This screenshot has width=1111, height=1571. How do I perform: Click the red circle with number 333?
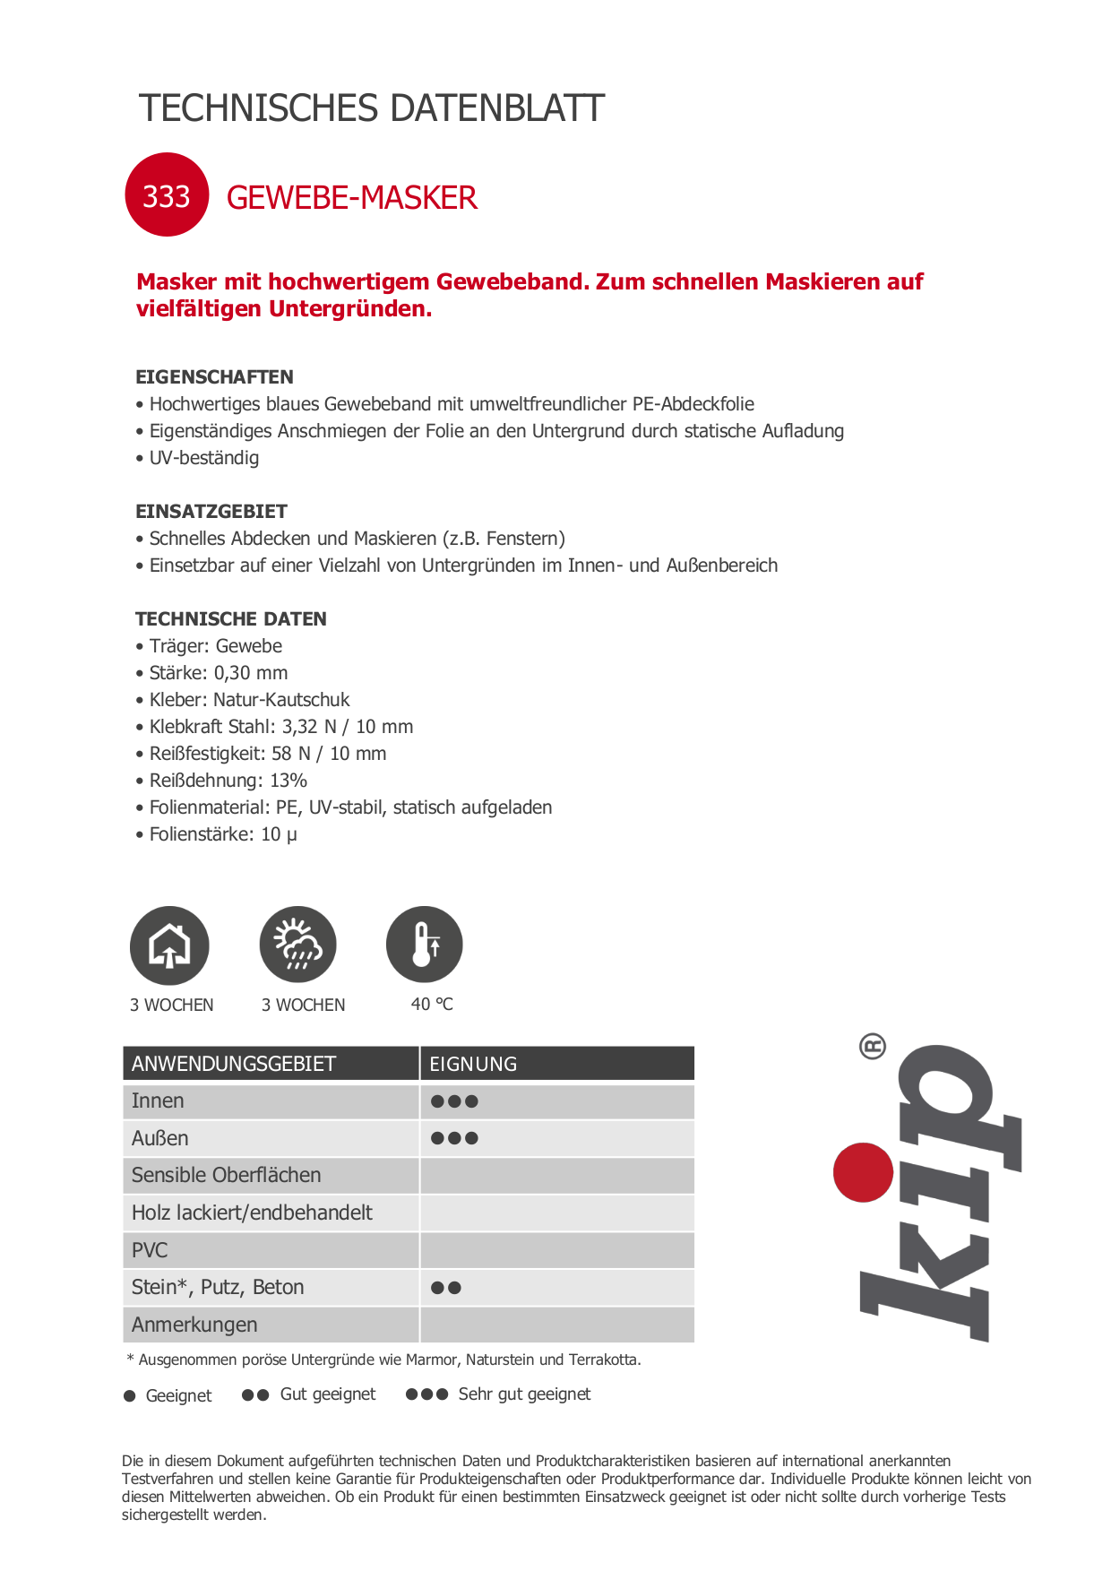pos(167,195)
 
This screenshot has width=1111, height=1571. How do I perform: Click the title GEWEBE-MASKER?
pos(351,198)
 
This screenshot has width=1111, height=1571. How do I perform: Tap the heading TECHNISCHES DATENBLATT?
pos(372,108)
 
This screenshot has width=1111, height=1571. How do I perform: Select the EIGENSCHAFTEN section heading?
pos(214,377)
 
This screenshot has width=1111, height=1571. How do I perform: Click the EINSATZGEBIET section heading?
pos(211,512)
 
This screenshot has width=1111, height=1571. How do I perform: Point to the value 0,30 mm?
pos(251,673)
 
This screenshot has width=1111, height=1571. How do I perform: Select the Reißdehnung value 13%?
pos(289,781)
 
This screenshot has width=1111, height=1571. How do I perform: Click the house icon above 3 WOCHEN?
pos(169,945)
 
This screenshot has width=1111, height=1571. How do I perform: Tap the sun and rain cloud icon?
pos(298,945)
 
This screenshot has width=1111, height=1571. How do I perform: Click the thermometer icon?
pos(425,945)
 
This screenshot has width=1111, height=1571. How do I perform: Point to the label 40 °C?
pos(432,1005)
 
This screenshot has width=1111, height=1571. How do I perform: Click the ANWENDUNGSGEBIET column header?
pos(234,1064)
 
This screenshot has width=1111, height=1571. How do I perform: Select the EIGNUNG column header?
pos(473,1064)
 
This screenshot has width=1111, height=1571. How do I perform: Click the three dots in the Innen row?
pos(454,1101)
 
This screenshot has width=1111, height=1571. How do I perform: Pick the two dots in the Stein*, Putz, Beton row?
pos(446,1288)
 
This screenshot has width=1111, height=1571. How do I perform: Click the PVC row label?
pos(150,1250)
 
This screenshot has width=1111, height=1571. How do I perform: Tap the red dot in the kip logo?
pos(863,1172)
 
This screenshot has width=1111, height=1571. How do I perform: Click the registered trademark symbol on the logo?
pos(872,1046)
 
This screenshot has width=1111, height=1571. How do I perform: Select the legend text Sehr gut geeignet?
pos(524,1394)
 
